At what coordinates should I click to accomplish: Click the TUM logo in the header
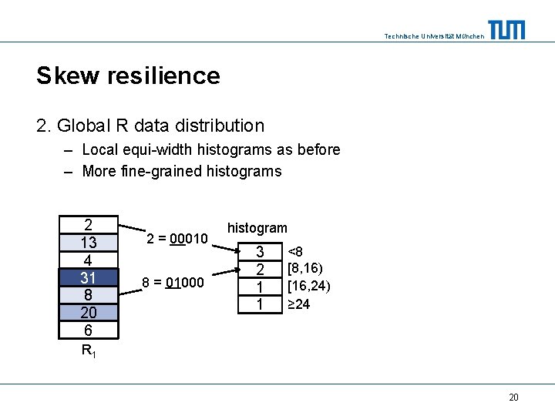506,30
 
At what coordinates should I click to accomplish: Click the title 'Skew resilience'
128,75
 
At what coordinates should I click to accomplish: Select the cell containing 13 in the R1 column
89,243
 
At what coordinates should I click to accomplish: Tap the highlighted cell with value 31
89,277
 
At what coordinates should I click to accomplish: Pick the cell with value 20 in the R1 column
89,312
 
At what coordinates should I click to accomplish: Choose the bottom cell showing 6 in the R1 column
89,330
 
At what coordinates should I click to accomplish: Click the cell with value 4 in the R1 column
89,260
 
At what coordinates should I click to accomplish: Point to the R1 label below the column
89,352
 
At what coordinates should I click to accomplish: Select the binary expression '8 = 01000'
173,283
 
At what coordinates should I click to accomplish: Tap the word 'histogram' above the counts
257,228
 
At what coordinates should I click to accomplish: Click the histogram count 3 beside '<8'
260,252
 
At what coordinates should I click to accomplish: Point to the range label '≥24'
299,304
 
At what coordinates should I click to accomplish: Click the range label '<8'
295,251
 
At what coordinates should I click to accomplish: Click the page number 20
513,398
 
